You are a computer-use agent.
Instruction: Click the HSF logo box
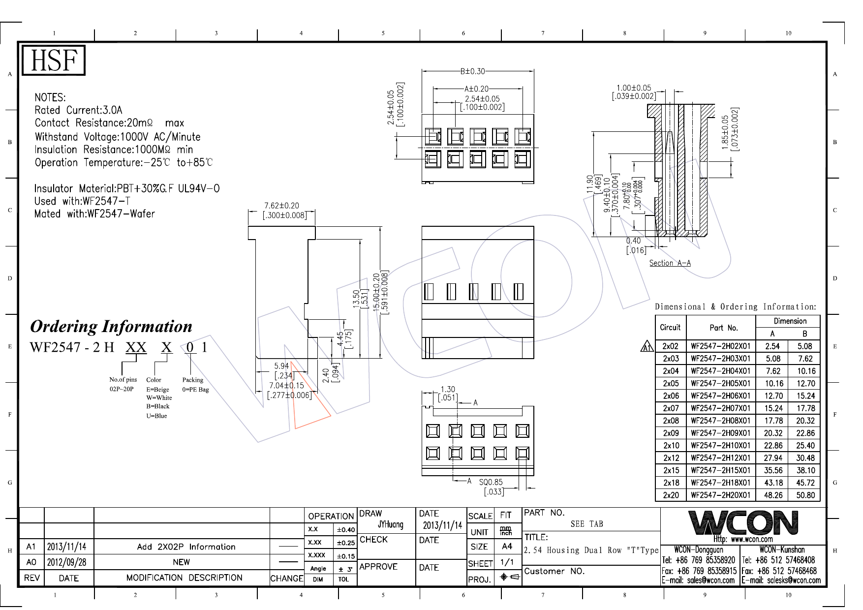54,61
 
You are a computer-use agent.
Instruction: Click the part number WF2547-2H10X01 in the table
720,446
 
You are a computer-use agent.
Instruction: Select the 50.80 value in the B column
805,495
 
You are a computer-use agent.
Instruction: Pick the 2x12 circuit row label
671,458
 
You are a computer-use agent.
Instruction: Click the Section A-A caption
670,263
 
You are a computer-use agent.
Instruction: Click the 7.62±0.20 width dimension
281,206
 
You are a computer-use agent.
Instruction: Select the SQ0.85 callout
491,482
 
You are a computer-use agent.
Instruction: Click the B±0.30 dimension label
472,71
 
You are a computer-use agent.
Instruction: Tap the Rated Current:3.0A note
78,110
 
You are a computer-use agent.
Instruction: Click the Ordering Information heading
111,327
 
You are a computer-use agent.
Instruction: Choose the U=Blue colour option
156,416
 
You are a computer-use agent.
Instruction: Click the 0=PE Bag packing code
195,390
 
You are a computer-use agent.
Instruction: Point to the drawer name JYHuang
390,524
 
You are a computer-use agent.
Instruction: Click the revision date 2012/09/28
66,562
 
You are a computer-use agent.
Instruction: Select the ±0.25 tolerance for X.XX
345,543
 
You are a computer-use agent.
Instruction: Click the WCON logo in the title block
743,523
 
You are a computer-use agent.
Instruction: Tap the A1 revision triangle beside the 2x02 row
647,347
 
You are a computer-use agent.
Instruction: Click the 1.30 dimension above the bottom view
448,389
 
